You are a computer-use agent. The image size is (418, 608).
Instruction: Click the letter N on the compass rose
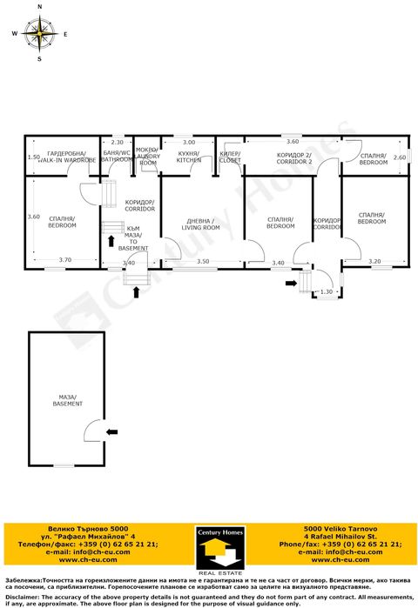pos(39,7)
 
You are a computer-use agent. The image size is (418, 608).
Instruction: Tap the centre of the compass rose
pos(39,34)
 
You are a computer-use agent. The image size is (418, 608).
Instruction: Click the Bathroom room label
pos(116,157)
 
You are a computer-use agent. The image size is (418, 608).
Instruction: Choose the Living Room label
pos(200,224)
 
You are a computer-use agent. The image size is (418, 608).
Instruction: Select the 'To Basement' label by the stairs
pos(133,241)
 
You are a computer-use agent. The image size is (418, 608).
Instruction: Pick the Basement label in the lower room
pos(66,401)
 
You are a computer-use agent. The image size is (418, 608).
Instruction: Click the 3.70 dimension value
pos(64,260)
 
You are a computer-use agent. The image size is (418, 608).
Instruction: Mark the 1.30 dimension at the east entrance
pos(325,291)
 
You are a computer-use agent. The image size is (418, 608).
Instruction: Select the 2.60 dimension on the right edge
pos(399,157)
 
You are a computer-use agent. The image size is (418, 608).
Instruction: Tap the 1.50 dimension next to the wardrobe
pos(33,157)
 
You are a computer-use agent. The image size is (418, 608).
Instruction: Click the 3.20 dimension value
pos(374,261)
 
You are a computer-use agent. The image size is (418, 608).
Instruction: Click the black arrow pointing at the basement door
pos(111,430)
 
